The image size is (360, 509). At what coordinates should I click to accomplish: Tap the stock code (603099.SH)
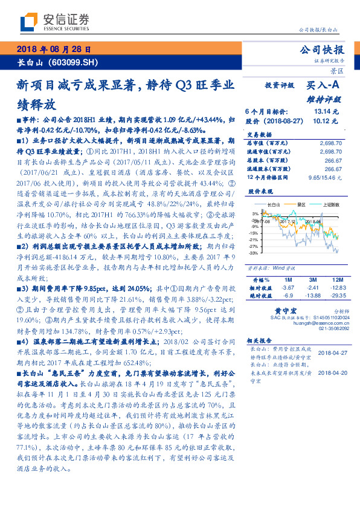pyautogui.click(x=72, y=63)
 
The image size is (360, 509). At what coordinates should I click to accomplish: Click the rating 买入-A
pyautogui.click(x=323, y=86)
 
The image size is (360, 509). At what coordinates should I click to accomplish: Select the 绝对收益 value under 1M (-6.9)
pyautogui.click(x=288, y=296)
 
